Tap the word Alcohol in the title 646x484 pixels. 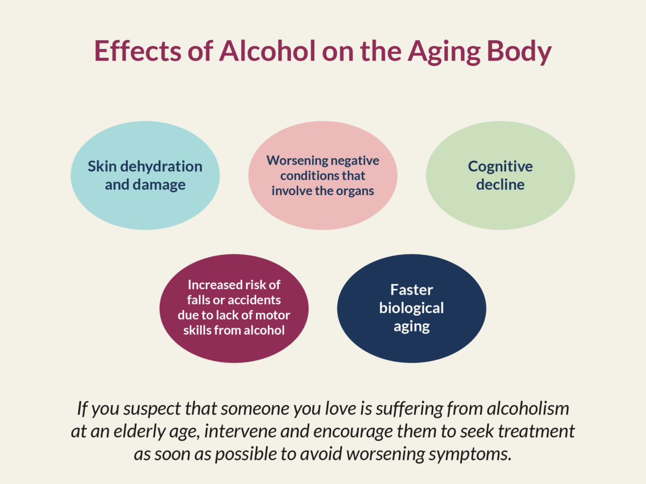[264, 51]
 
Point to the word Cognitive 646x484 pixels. [500, 167]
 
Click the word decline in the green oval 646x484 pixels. [500, 185]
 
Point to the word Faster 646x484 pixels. [411, 290]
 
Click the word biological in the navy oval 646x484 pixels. [411, 308]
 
